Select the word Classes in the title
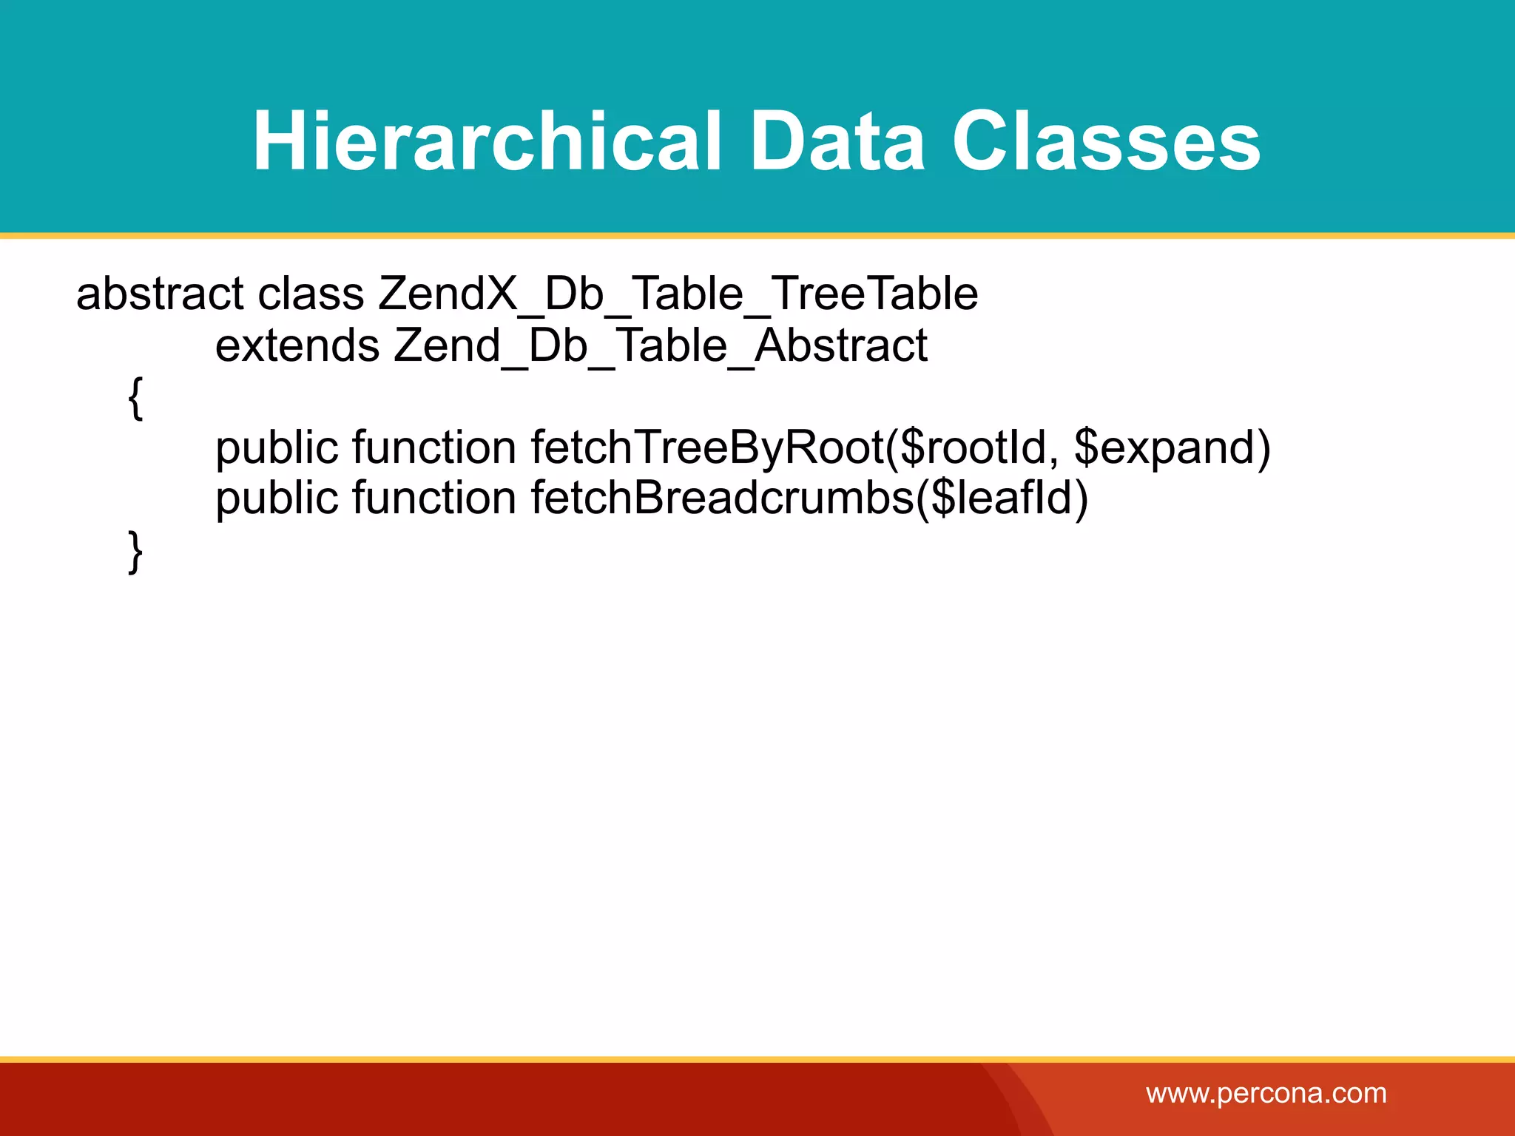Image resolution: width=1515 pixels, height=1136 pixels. point(1105,141)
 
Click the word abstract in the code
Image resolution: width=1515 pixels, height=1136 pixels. point(160,294)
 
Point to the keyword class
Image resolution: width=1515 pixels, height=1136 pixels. point(311,294)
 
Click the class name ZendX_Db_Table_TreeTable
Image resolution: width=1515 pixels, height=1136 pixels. point(678,294)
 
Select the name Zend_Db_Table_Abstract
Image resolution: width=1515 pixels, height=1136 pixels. point(660,345)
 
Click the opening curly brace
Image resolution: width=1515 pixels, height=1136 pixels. point(135,397)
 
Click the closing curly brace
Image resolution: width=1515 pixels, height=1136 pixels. point(135,551)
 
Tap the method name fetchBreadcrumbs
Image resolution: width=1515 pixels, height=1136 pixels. point(722,498)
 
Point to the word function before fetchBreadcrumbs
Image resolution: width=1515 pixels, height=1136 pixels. point(433,498)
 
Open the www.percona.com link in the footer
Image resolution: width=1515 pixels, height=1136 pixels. point(1266,1093)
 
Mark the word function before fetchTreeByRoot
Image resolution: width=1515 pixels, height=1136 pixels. point(433,447)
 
